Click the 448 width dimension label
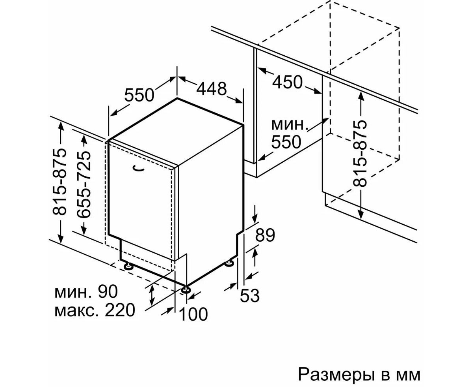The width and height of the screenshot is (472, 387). [x=212, y=89]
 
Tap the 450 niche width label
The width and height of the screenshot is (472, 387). [x=288, y=83]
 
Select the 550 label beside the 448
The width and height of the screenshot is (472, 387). [x=139, y=95]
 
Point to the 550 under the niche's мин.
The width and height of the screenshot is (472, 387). [x=286, y=142]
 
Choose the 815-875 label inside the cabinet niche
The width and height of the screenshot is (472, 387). [x=360, y=153]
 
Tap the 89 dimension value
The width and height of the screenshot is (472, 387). [x=265, y=235]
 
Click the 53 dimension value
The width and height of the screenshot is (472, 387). [x=250, y=295]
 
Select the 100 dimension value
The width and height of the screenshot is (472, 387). [x=193, y=314]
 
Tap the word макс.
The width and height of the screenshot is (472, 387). [x=77, y=310]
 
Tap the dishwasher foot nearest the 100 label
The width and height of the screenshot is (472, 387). [x=186, y=290]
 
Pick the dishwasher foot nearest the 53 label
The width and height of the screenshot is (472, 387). [x=229, y=263]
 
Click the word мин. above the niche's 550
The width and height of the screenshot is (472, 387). [x=289, y=125]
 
